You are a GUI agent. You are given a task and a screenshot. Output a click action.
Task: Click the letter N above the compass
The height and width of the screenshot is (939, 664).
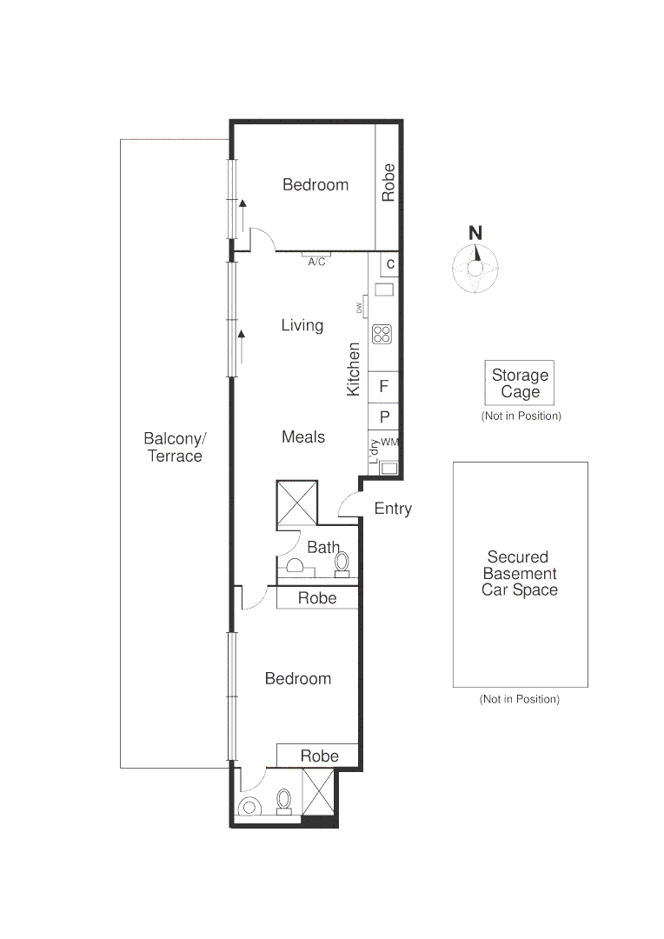[x=475, y=233]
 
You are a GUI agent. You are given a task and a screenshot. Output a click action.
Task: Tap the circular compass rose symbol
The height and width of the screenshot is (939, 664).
[x=475, y=268]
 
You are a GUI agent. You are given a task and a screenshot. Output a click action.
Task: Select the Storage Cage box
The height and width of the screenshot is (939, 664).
[x=519, y=383]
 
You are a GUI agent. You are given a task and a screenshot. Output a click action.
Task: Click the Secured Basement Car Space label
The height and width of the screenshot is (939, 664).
[x=520, y=573]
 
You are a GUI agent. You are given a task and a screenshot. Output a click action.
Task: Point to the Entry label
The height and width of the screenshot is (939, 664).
[x=393, y=509]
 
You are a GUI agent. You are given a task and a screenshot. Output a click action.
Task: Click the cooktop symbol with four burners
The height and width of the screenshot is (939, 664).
[x=382, y=333]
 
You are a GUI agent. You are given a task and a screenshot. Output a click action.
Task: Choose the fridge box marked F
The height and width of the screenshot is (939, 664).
[x=383, y=387]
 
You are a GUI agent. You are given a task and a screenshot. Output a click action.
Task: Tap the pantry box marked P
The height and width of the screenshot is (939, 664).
[x=383, y=416]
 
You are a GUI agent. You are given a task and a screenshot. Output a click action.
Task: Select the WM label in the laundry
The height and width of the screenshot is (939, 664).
[x=389, y=443]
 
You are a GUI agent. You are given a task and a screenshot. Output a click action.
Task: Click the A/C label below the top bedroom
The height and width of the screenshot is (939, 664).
[x=316, y=263]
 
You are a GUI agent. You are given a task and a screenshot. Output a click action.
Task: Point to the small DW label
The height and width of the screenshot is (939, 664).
[x=359, y=308]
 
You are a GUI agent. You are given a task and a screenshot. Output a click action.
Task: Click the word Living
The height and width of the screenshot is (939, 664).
[x=302, y=325]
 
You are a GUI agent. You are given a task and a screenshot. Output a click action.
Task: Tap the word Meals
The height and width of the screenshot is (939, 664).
[x=303, y=436]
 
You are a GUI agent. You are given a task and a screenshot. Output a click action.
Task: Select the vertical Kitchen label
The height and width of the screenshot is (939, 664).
[x=354, y=370]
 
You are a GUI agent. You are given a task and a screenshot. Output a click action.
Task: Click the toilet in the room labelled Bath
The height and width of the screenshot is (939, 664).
[x=342, y=563]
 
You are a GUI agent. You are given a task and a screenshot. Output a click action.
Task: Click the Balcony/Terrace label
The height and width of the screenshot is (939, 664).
[x=175, y=447]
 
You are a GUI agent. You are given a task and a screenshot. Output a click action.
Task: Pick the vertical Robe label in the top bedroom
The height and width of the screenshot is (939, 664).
[x=388, y=183]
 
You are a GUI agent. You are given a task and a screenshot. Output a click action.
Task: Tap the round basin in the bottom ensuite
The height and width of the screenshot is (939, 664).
[x=249, y=807]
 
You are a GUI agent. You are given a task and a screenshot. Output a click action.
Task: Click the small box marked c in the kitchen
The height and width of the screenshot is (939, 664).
[x=390, y=263]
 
